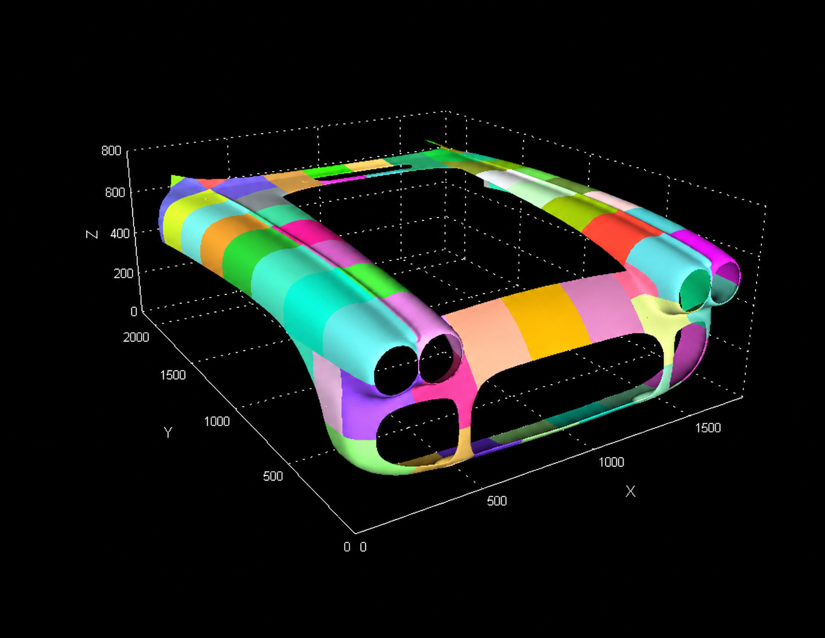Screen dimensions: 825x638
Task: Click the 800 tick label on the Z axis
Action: tap(111, 150)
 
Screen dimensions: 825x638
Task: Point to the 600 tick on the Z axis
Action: tap(115, 192)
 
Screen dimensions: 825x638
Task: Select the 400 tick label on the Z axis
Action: tap(120, 233)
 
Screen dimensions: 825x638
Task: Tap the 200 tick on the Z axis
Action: tap(123, 273)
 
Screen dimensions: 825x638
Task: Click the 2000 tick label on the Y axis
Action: tap(136, 337)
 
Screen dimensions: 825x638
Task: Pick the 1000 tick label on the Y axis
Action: tap(217, 421)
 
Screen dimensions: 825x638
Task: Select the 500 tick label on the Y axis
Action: tap(273, 476)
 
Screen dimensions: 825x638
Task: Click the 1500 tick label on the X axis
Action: tap(708, 428)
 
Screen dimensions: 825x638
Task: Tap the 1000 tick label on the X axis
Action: tap(612, 462)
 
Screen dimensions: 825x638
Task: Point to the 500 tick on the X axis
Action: tap(497, 501)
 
